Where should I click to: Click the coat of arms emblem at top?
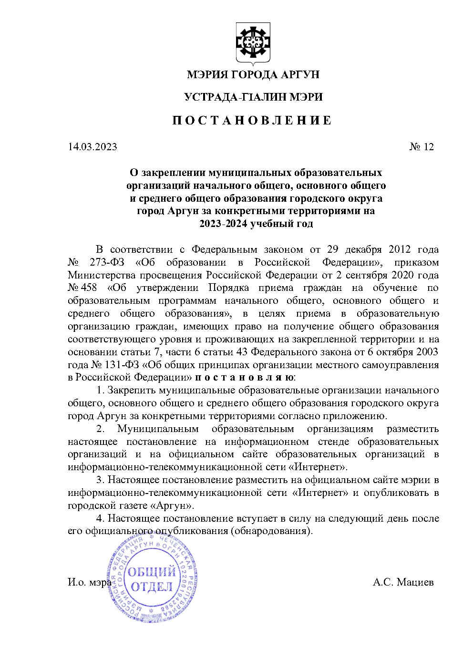[x=253, y=43]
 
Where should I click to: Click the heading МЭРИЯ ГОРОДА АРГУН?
[x=253, y=74]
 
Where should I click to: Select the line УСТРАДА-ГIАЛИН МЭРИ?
[x=253, y=97]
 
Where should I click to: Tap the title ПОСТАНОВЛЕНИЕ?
[x=252, y=120]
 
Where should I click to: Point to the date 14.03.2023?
[x=93, y=146]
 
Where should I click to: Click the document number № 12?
[x=422, y=146]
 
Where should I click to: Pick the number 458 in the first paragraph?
[x=90, y=288]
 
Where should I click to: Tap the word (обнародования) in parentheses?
[x=271, y=531]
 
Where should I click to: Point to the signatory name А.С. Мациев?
[x=403, y=582]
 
